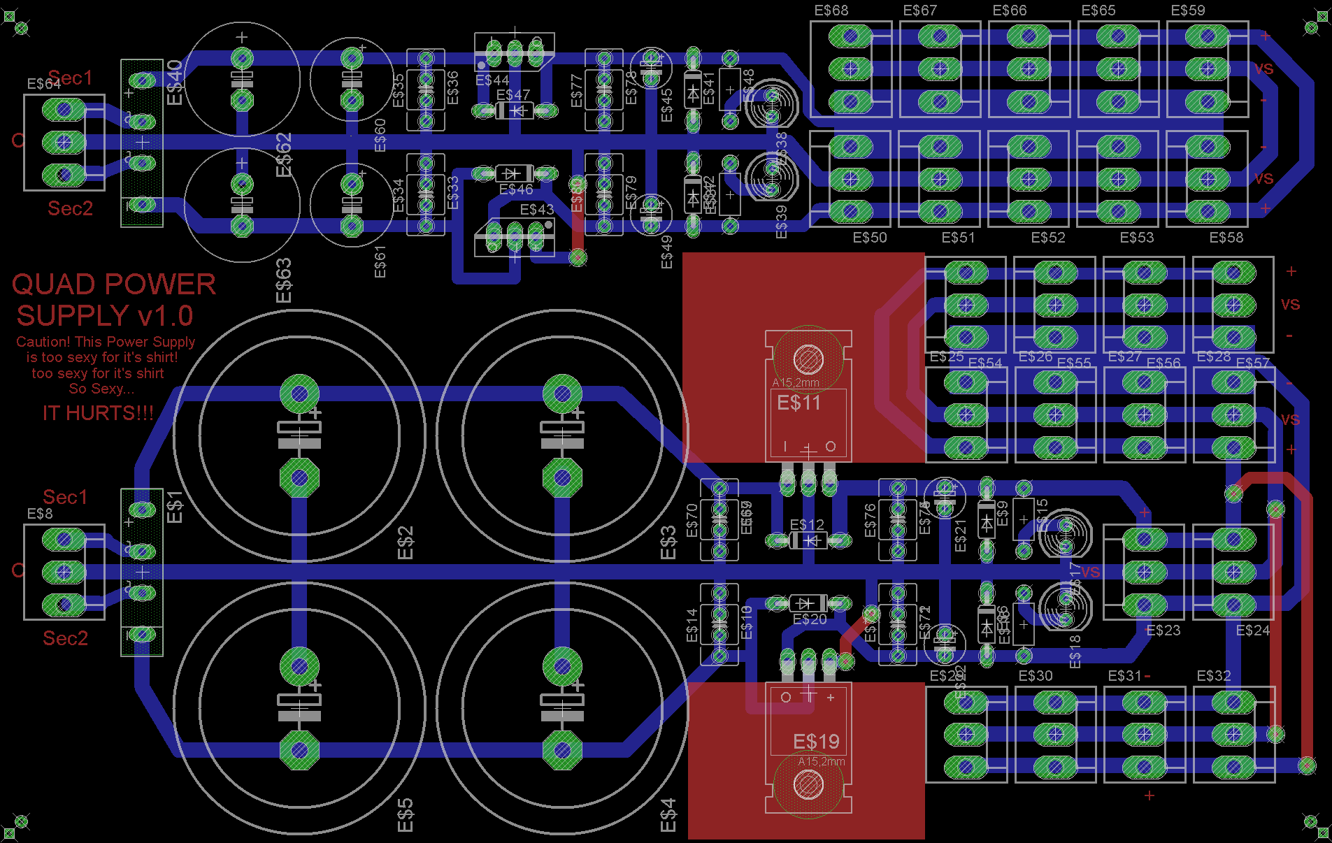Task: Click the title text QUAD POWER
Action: click(114, 284)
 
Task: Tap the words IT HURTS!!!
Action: click(98, 413)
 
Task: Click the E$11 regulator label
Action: click(799, 403)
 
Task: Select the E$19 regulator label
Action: click(816, 742)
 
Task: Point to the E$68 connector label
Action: click(831, 10)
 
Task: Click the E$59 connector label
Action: click(1188, 10)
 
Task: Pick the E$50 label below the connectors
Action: click(870, 238)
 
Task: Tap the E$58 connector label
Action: click(1226, 238)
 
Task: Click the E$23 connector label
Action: click(1163, 631)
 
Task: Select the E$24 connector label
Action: click(1252, 631)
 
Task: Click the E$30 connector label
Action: click(1036, 676)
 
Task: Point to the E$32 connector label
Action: click(1214, 676)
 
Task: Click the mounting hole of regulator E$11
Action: click(808, 359)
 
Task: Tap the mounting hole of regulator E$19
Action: click(808, 784)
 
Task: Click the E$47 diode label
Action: click(513, 95)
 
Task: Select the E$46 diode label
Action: click(516, 189)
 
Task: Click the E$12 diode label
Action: click(807, 525)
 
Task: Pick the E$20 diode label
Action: click(810, 619)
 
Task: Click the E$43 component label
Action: click(537, 210)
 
